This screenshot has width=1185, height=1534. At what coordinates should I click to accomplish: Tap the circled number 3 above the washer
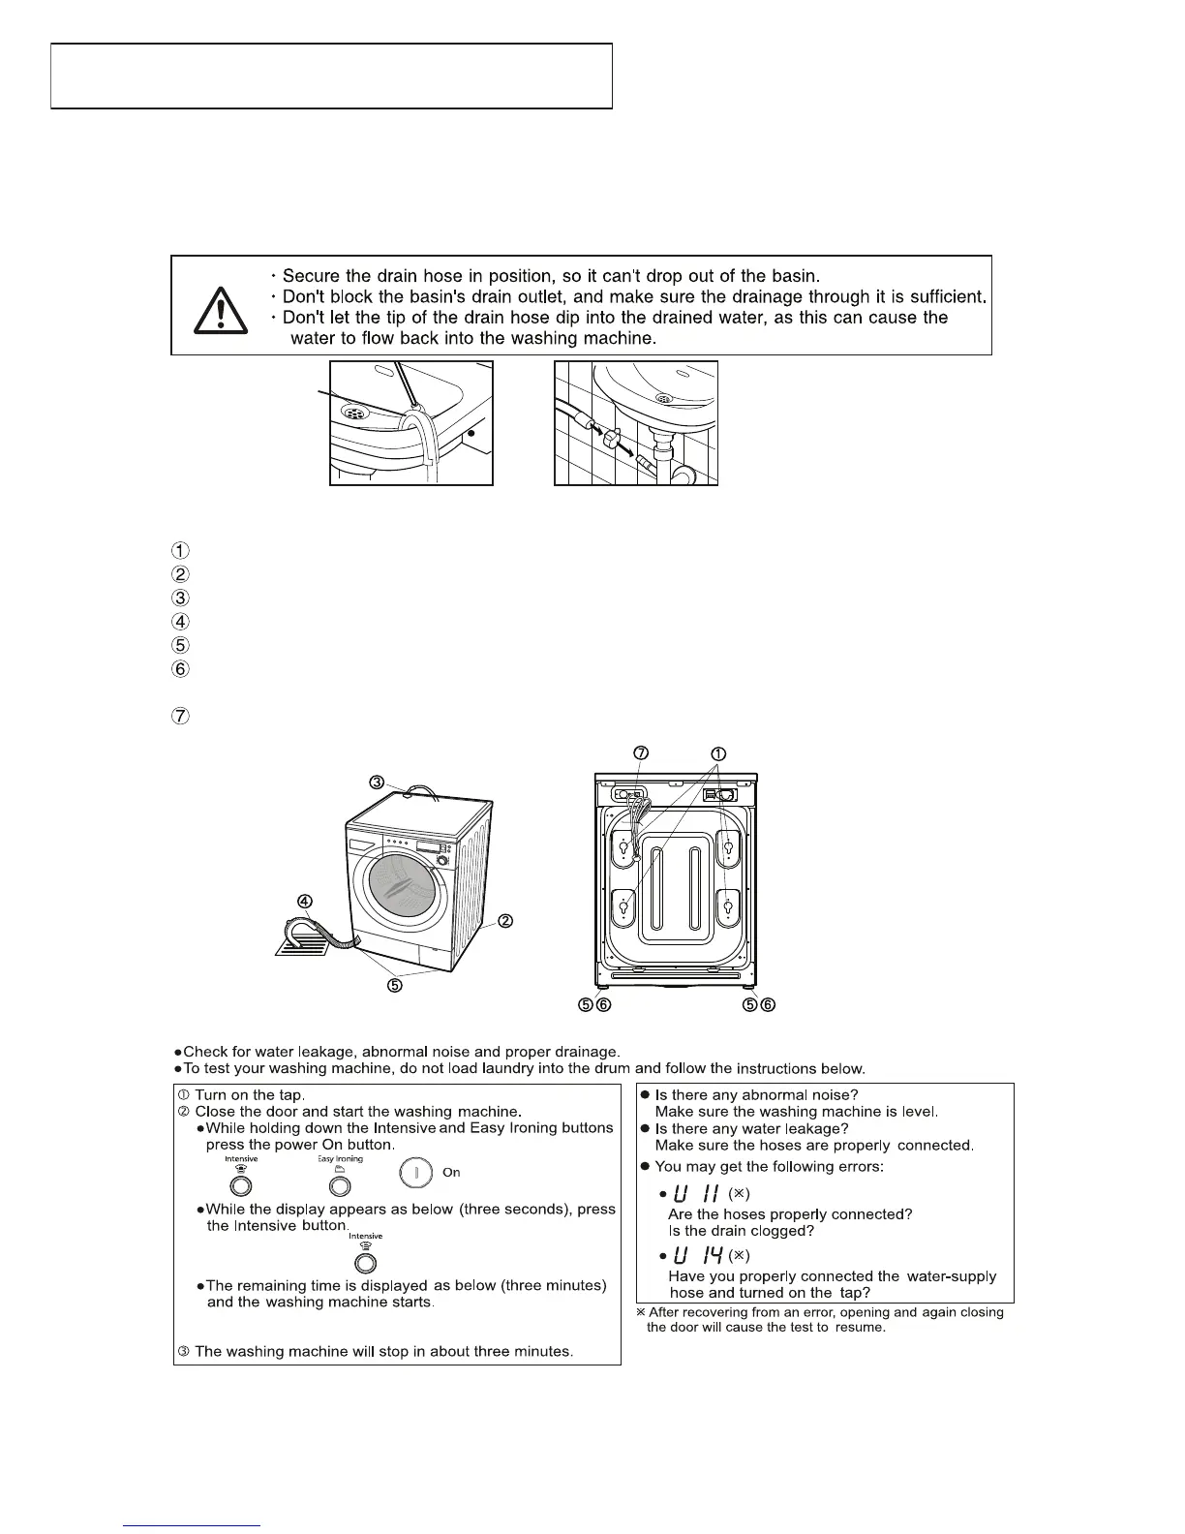(376, 782)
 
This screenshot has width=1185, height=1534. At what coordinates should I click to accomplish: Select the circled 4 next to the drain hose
(305, 901)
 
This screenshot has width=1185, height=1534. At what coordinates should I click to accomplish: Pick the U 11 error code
(695, 1192)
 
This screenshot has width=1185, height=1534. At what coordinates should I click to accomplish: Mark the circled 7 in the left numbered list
(181, 718)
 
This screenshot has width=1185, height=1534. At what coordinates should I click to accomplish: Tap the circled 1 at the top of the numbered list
(181, 550)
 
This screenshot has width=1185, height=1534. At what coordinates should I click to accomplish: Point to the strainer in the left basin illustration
(355, 412)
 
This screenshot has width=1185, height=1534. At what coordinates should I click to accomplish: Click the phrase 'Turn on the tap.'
(250, 1094)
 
